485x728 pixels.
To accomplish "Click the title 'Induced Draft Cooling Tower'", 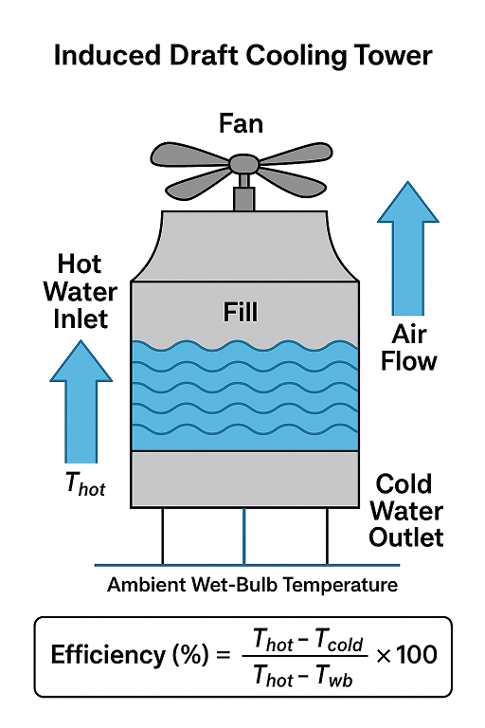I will click(x=242, y=56).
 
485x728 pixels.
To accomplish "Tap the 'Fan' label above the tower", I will click(x=243, y=123).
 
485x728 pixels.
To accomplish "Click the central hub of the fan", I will click(x=243, y=165).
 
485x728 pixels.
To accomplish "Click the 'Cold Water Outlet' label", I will click(x=406, y=511).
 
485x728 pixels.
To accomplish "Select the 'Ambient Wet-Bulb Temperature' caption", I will click(x=252, y=585).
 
